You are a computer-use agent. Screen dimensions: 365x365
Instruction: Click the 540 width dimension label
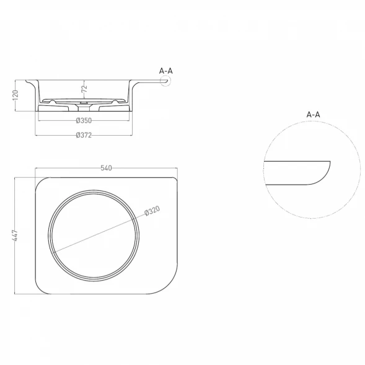[x=106, y=168]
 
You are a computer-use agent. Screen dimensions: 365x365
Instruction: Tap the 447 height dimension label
[x=15, y=235]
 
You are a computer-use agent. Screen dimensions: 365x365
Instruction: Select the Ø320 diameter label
[x=152, y=211]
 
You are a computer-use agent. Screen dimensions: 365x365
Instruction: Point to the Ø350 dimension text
[x=84, y=121]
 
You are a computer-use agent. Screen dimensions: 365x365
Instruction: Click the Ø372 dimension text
[x=84, y=135]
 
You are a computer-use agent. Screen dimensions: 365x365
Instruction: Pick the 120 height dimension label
[x=15, y=95]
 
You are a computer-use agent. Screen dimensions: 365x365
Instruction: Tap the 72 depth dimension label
[x=84, y=89]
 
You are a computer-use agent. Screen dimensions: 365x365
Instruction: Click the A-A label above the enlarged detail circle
[x=314, y=115]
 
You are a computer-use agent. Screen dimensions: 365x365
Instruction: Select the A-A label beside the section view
[x=166, y=71]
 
